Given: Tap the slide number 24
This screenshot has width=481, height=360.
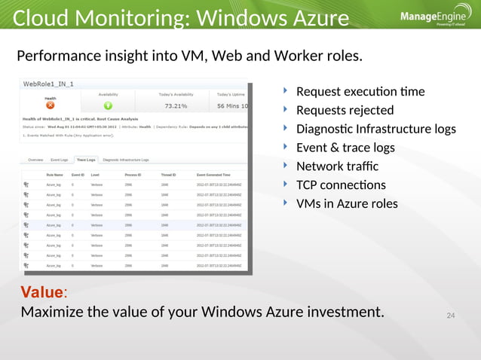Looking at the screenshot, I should coord(452,314).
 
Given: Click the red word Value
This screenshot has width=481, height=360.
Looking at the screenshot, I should coord(43,292).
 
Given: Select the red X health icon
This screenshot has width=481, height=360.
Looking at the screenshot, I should coord(51,106).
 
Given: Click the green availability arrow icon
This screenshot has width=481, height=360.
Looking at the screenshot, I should coord(108,106).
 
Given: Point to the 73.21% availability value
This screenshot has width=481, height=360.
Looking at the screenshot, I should coord(176,106).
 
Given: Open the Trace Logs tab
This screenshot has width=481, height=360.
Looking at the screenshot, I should coord(86,160).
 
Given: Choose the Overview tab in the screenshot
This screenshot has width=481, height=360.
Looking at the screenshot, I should coord(35,160).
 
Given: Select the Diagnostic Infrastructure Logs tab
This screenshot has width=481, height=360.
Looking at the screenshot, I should coord(126,160).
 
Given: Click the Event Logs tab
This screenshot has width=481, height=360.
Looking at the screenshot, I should coord(60,160).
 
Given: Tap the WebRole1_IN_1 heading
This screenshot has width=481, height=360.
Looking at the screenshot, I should coord(50,84).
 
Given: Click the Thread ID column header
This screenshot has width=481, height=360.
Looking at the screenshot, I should coord(169,174).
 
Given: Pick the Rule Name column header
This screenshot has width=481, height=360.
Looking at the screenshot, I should coord(54,174).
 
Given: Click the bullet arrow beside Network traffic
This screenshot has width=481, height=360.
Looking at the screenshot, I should coord(285,164).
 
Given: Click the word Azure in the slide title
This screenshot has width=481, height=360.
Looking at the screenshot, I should coord(317,17).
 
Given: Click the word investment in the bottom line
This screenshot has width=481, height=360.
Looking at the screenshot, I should coord(341,312).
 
